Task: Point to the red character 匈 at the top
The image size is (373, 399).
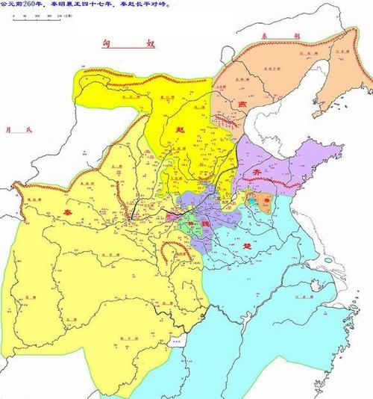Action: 107,46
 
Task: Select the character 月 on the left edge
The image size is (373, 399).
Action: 9,130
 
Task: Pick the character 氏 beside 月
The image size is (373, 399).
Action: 30,130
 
